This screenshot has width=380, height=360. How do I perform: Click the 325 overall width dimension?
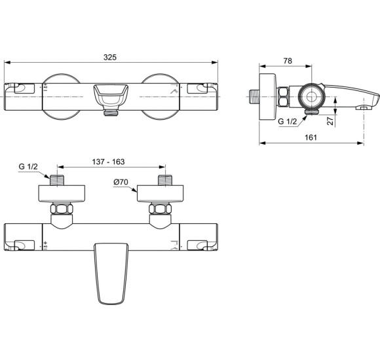click(110, 58)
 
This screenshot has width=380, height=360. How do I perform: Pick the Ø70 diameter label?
click(121, 183)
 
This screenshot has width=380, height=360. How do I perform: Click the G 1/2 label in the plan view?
click(28, 168)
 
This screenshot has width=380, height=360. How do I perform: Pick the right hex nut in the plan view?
click(160, 210)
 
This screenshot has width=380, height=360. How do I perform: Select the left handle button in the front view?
click(23, 88)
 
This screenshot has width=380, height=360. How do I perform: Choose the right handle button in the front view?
click(199, 88)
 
